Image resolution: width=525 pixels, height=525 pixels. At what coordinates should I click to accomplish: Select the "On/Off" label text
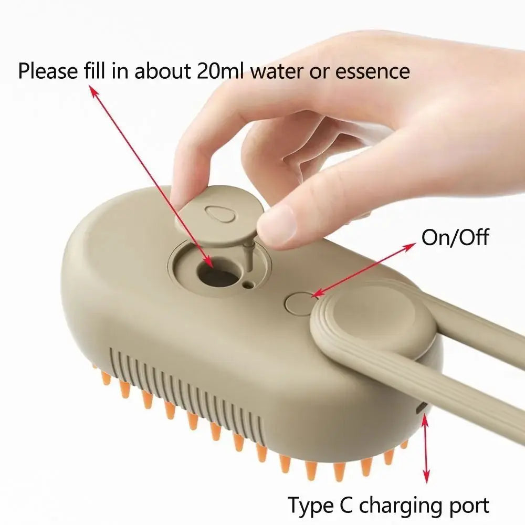[455, 238]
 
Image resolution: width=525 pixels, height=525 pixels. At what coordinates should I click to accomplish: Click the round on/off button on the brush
[300, 303]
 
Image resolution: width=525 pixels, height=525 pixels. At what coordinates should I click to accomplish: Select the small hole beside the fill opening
[247, 286]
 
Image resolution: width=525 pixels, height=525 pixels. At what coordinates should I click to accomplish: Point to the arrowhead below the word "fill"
[95, 92]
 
